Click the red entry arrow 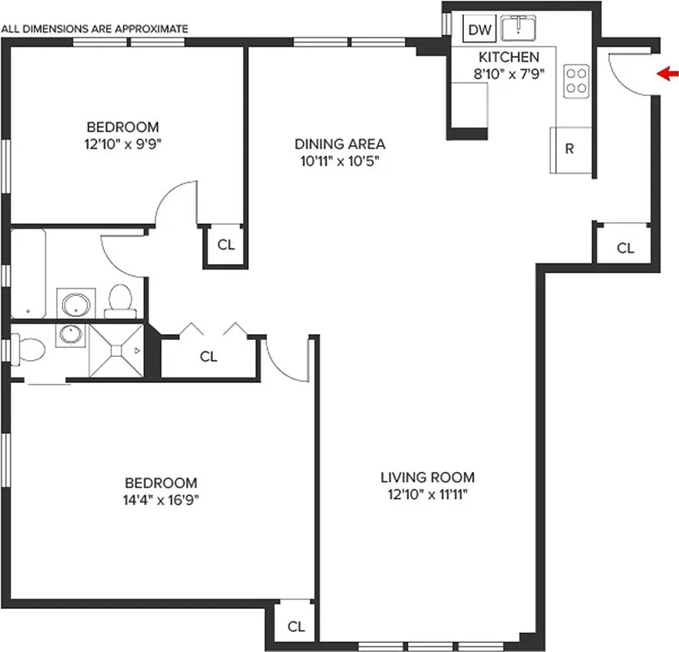tap(668, 75)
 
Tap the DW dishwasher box tap(480, 31)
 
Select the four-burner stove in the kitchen tap(577, 80)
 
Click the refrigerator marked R tap(571, 149)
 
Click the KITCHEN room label tap(508, 57)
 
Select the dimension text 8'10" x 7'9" tap(509, 73)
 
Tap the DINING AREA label tap(339, 144)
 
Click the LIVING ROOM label tap(427, 478)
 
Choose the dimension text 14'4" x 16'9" tap(161, 499)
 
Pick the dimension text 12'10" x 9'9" tap(123, 143)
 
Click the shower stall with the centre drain tap(114, 350)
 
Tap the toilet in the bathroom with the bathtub tap(121, 300)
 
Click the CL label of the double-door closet tap(209, 356)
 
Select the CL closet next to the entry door tap(625, 249)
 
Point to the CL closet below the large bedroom tap(296, 627)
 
